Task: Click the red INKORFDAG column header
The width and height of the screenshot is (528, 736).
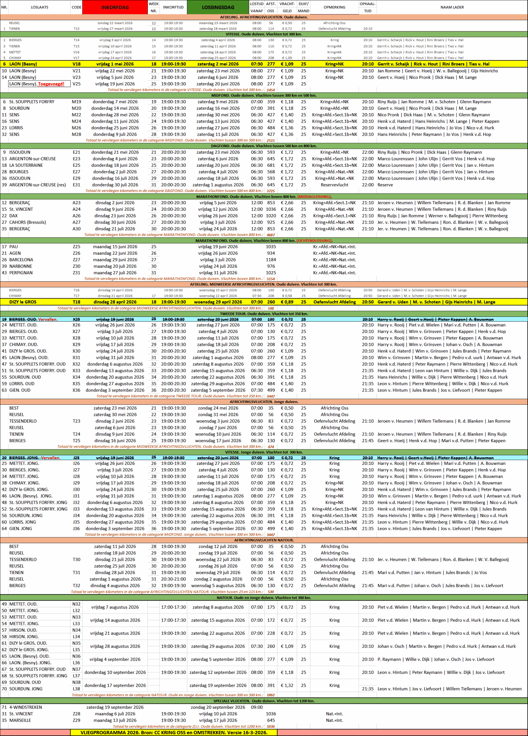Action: (115, 7)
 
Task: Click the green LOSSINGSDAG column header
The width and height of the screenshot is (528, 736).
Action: (218, 7)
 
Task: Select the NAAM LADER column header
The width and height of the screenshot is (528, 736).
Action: (452, 7)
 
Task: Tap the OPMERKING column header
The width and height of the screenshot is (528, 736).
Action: (334, 7)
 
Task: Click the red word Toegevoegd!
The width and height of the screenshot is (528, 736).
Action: (51, 84)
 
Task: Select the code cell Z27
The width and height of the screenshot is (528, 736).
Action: (76, 260)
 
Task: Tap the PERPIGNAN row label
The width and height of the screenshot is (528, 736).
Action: (21, 273)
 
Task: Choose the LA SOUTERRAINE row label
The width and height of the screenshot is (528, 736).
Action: (26, 165)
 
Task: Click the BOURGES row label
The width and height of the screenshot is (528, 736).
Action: (19, 172)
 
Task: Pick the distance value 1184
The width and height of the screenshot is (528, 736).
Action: (271, 260)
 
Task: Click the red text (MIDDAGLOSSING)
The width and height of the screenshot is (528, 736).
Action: (314, 197)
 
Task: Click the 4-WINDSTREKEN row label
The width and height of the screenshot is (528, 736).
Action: (26, 707)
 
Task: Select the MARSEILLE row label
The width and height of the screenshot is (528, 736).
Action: (20, 720)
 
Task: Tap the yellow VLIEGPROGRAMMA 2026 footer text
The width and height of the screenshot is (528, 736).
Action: (174, 733)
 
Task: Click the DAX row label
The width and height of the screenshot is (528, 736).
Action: (14, 216)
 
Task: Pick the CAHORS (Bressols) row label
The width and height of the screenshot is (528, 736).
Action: (28, 222)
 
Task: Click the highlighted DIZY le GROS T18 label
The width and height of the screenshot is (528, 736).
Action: (23, 302)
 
